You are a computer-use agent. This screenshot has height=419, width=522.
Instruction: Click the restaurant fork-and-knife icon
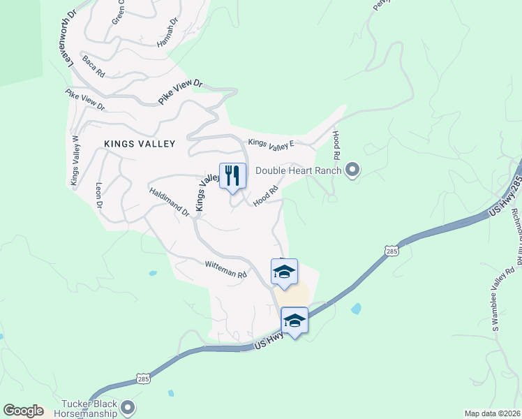coord(232,175)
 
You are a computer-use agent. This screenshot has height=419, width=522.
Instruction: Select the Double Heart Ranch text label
coord(298,170)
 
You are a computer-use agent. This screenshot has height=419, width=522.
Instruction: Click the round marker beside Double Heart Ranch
coord(352,169)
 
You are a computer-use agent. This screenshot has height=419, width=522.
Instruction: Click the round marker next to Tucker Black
coord(127,407)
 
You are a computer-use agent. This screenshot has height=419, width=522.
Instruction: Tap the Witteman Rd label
coord(226,270)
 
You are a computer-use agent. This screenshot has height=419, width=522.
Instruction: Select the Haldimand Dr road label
coord(169,201)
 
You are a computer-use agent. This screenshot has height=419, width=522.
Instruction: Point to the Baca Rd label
coord(93,67)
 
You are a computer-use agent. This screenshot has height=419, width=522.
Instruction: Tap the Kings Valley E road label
coord(272,143)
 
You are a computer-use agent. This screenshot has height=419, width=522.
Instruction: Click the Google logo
coord(22,411)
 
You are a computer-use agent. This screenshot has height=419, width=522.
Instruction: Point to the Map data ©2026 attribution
coord(491,413)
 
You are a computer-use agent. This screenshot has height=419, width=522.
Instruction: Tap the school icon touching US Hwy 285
coord(294,321)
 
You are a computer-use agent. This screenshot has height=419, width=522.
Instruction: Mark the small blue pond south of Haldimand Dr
coord(152,273)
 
